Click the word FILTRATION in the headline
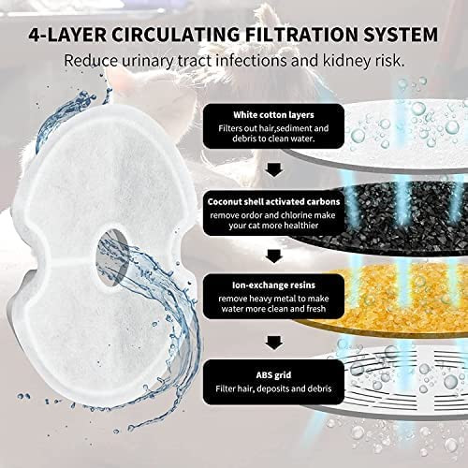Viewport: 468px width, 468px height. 301,34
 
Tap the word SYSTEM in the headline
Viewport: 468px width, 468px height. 401,34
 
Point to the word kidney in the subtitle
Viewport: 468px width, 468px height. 342,61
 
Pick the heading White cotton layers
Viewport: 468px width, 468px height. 273,115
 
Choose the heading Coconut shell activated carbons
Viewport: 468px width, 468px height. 273,201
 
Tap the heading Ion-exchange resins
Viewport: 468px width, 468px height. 273,285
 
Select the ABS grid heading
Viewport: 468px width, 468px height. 273,374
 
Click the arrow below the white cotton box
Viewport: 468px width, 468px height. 274,170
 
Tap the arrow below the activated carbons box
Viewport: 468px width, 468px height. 274,256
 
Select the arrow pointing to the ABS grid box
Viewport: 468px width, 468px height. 274,343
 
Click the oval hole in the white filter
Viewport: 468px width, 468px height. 111,257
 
